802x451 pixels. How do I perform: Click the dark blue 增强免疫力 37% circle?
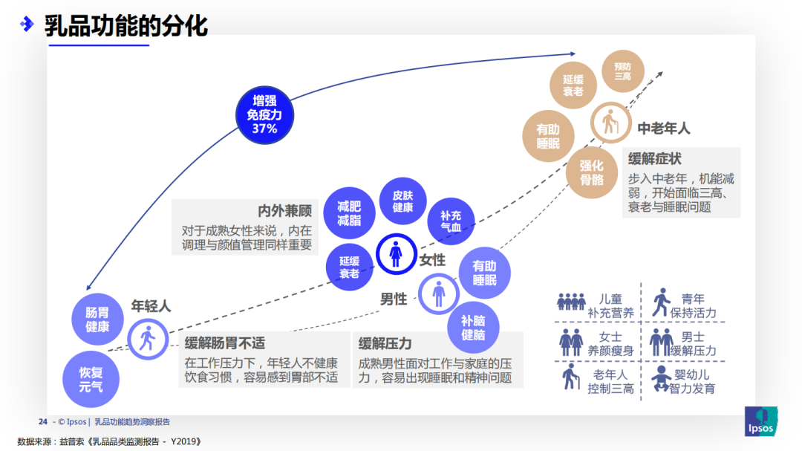(x=264, y=114)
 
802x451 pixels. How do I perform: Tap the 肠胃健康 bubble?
(x=97, y=319)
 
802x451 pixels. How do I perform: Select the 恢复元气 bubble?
(x=91, y=379)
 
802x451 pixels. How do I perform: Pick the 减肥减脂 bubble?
(x=349, y=213)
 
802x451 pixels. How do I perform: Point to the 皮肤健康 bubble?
(x=402, y=201)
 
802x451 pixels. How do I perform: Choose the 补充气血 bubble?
(x=451, y=221)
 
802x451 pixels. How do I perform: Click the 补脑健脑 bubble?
(x=473, y=328)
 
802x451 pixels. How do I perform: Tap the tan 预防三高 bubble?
(x=622, y=71)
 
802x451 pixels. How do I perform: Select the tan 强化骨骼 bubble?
(x=592, y=173)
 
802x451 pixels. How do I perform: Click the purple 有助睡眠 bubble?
(x=484, y=273)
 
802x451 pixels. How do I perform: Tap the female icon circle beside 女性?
(x=397, y=255)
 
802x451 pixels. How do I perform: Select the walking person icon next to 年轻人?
(x=148, y=339)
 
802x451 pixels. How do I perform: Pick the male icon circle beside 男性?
(x=439, y=294)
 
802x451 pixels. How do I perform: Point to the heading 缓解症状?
(x=654, y=159)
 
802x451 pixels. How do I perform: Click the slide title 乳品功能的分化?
(x=125, y=26)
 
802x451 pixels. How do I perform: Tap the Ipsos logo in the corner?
(x=760, y=421)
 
